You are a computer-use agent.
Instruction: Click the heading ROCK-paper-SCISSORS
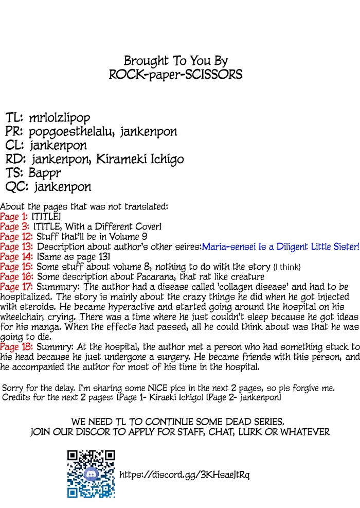175,75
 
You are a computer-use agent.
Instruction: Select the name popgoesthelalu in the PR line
72,131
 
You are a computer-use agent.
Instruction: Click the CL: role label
15,145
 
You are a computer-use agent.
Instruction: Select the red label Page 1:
14,217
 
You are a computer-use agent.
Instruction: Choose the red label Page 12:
16,236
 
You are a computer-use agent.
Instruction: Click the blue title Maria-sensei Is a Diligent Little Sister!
280,247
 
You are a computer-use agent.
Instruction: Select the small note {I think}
287,267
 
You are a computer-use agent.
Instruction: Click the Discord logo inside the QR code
91,474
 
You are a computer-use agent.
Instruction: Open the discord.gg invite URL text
185,474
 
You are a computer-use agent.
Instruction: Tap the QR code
91,474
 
